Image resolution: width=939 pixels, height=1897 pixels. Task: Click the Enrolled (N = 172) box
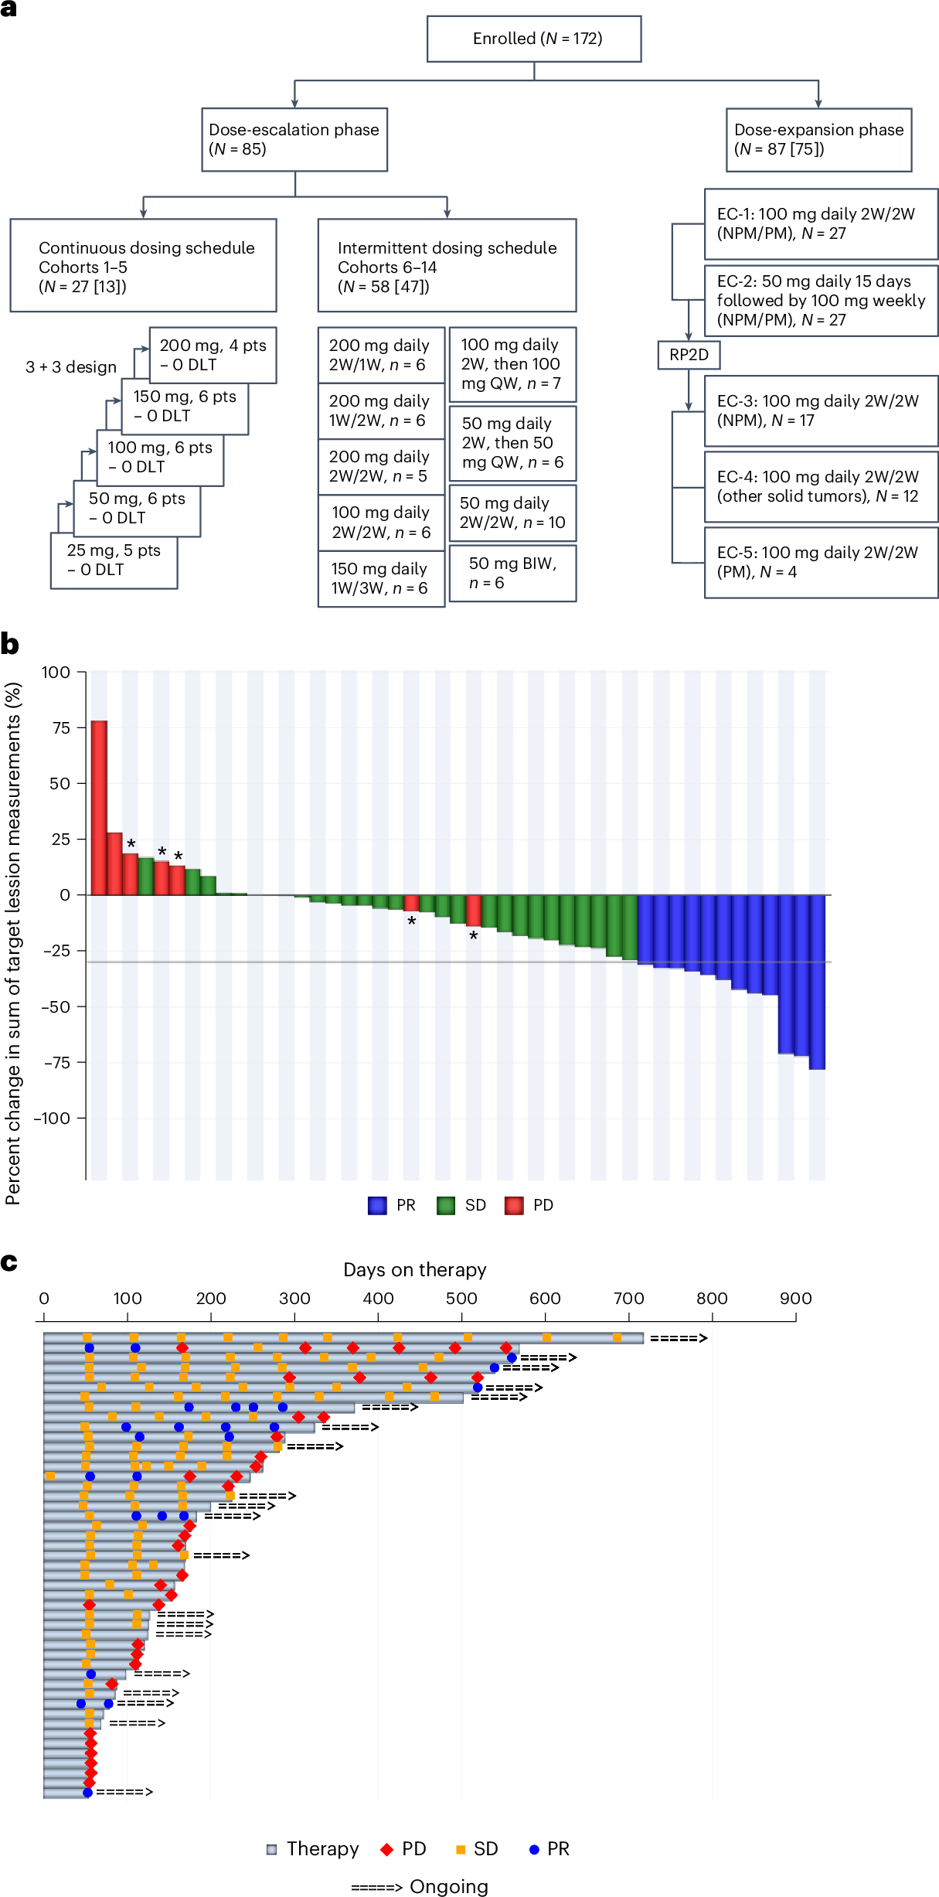point(534,39)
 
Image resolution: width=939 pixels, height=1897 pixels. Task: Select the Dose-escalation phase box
point(294,139)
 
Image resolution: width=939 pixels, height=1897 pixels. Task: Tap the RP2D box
point(689,355)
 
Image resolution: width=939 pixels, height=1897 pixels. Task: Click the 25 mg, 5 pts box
point(114,560)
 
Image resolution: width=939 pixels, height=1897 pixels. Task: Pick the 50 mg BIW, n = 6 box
point(512,574)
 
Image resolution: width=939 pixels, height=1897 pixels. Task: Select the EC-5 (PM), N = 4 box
point(820,562)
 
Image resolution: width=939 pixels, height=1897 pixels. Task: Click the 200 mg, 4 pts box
point(213,355)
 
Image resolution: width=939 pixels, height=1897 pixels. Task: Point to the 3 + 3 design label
point(71,367)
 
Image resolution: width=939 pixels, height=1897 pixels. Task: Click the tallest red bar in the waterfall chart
point(99,807)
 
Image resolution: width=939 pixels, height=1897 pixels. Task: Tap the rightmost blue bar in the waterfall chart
point(817,982)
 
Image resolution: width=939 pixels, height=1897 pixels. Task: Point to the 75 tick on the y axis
point(61,728)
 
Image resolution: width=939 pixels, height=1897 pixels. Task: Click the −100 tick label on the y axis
point(52,1119)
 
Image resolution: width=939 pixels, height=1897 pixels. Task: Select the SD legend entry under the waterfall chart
point(462,1205)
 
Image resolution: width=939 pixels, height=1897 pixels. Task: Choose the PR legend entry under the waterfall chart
point(393,1205)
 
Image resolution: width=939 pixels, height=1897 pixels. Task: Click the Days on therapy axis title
point(415,1270)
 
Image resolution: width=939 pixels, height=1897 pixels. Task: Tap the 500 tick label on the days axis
point(461,1299)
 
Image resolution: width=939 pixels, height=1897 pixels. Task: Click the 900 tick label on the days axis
point(795,1299)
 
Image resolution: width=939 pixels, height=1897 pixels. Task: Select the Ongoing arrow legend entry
point(420,1887)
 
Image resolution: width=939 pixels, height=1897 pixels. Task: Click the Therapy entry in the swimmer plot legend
point(313,1849)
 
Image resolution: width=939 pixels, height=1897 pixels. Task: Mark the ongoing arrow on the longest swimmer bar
point(678,1338)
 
